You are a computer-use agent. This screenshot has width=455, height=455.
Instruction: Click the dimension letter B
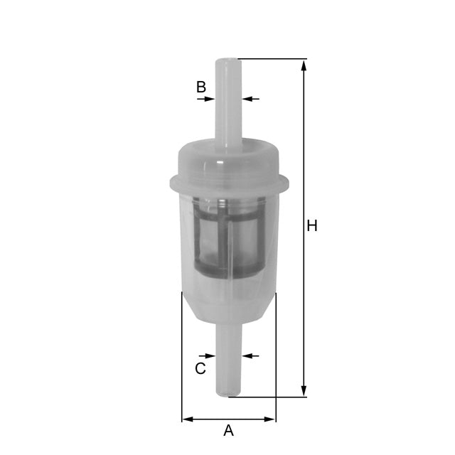(x=201, y=87)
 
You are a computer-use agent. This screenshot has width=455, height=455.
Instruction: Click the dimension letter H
(x=311, y=226)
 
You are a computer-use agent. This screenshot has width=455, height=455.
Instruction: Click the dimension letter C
(x=200, y=368)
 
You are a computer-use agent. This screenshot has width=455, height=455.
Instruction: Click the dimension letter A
(x=228, y=430)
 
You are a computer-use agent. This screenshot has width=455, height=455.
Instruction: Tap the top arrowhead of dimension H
(x=304, y=64)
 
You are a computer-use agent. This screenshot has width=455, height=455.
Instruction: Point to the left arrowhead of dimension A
(x=187, y=419)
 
